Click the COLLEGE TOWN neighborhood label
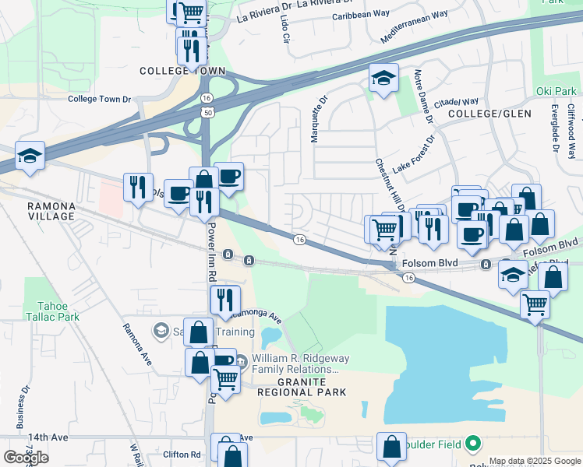pos(182,71)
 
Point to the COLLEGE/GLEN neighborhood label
pos(489,114)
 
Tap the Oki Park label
pos(555,91)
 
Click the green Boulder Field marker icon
pos(472,444)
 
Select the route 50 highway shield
pos(207,113)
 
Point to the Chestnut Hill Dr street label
pos(388,187)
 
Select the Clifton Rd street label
pos(182,454)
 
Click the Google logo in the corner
pos(26,457)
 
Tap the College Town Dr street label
pos(99,99)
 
